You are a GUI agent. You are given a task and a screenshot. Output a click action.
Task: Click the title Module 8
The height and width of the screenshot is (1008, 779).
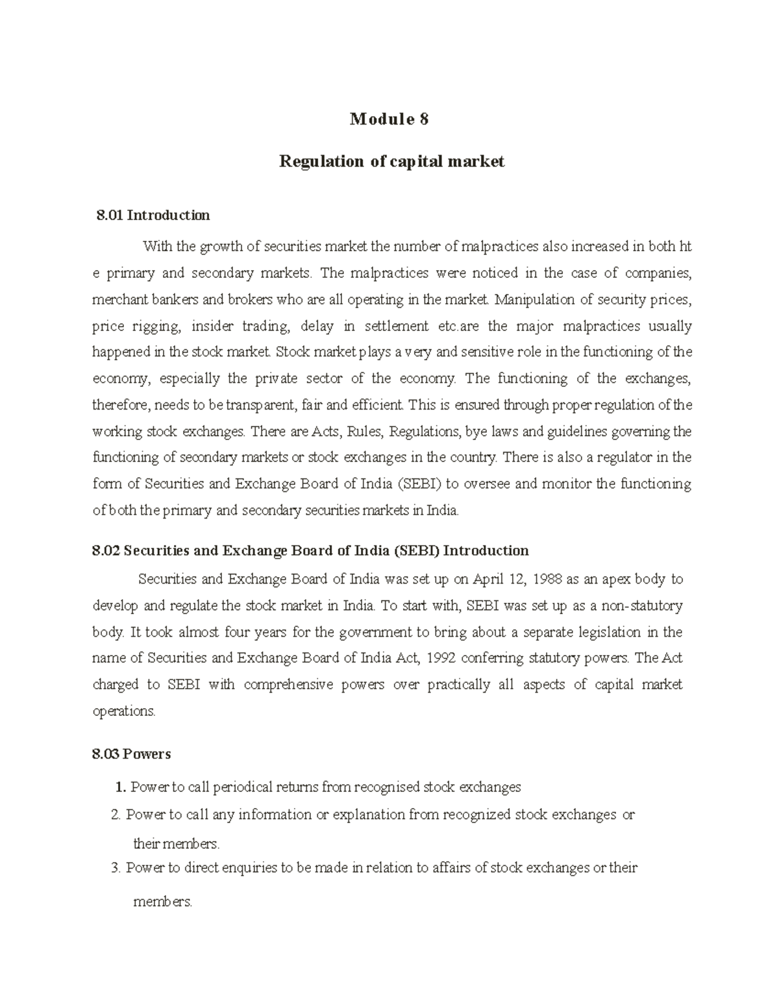click(389, 119)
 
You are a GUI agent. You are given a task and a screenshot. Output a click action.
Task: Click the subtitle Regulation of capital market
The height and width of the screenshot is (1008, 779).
click(391, 162)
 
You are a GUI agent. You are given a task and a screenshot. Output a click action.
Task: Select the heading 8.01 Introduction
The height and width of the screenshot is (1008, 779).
click(153, 215)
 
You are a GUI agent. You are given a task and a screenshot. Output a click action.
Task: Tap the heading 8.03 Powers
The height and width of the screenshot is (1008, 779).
click(132, 754)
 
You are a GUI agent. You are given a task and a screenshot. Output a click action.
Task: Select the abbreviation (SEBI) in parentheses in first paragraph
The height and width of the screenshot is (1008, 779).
click(419, 484)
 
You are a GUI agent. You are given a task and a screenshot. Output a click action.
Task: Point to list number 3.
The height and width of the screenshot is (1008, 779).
click(116, 868)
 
